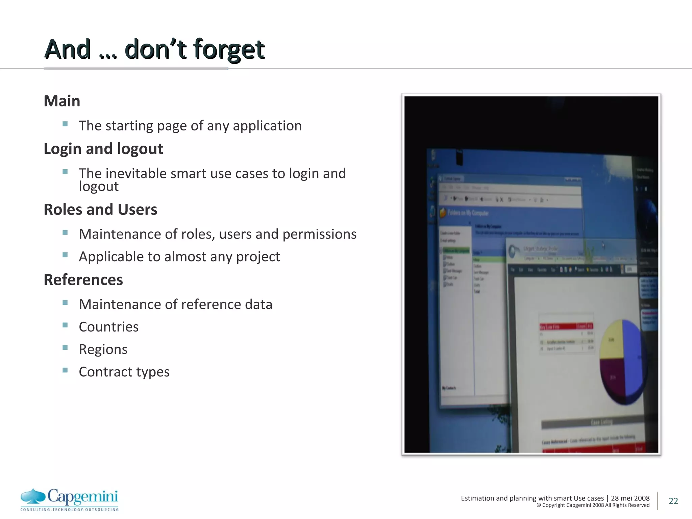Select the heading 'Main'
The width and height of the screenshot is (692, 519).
click(x=62, y=101)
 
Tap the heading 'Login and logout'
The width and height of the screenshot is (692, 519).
click(x=103, y=149)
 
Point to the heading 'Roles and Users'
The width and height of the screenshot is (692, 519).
click(x=100, y=209)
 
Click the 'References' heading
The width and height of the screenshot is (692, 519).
click(x=83, y=280)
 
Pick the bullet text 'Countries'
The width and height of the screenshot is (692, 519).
click(x=108, y=327)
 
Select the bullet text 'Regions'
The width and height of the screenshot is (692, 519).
click(x=103, y=349)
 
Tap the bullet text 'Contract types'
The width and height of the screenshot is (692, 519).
click(x=124, y=372)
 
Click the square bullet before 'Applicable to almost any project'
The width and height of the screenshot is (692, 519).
click(x=65, y=255)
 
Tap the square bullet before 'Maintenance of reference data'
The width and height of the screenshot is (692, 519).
click(x=65, y=302)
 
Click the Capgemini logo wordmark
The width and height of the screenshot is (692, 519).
click(x=83, y=496)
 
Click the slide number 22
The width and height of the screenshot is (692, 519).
click(x=673, y=501)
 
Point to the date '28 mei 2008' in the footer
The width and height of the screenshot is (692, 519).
click(x=630, y=498)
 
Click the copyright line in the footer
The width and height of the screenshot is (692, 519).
click(x=593, y=505)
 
